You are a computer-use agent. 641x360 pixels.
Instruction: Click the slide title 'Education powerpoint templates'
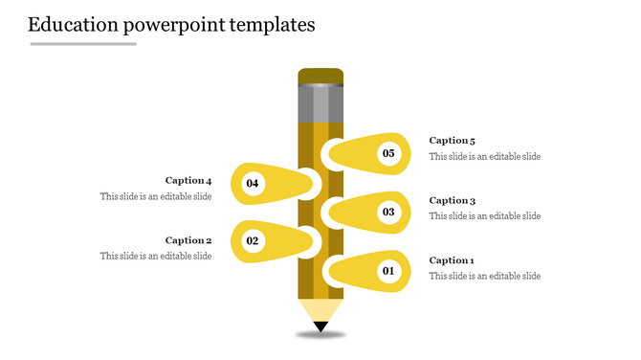coord(171,25)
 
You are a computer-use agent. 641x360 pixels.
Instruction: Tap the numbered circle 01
coord(388,272)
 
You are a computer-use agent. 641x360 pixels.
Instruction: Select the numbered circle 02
coord(253,241)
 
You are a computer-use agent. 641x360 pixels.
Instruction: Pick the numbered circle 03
coord(388,213)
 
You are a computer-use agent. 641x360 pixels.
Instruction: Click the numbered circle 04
coord(253,183)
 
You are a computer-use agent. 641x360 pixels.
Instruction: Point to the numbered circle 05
coord(388,153)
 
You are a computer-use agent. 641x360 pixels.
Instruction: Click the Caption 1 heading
coord(452,260)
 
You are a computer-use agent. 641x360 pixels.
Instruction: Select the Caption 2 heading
coord(188,240)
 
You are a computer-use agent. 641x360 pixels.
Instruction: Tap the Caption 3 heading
coord(452,201)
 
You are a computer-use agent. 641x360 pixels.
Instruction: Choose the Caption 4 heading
coord(188,180)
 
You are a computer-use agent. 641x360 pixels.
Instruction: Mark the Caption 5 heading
coord(452,141)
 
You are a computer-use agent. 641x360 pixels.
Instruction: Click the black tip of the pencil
coord(320,327)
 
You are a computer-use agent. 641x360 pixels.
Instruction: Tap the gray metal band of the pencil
coord(320,104)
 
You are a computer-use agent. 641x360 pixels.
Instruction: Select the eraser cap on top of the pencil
coord(320,77)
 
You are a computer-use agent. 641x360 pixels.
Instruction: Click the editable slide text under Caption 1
coord(484,277)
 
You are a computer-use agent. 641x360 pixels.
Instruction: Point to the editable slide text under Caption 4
coord(156,196)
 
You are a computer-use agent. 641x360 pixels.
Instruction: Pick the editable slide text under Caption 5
coord(484,157)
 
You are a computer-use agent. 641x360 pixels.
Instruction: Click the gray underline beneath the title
coord(83,44)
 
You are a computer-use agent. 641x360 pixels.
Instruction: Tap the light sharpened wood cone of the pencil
coord(320,310)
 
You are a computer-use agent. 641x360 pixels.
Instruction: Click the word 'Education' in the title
coord(75,25)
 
